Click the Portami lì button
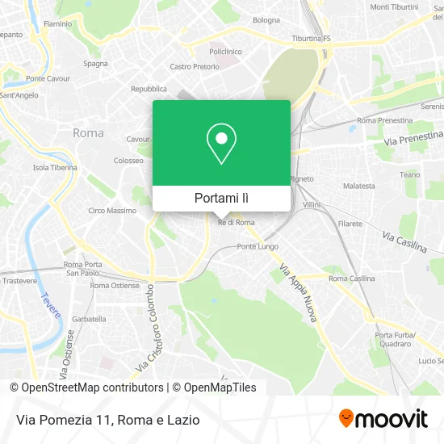(x=222, y=198)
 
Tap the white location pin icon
(x=222, y=144)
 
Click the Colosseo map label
(x=128, y=161)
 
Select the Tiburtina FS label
(x=311, y=38)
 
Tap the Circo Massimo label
(x=112, y=211)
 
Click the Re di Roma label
(x=237, y=223)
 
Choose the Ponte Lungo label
(x=258, y=246)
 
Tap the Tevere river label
(x=46, y=308)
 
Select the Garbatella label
(x=89, y=319)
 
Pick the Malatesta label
(x=359, y=186)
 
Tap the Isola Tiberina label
(x=55, y=168)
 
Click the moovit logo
(x=383, y=418)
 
